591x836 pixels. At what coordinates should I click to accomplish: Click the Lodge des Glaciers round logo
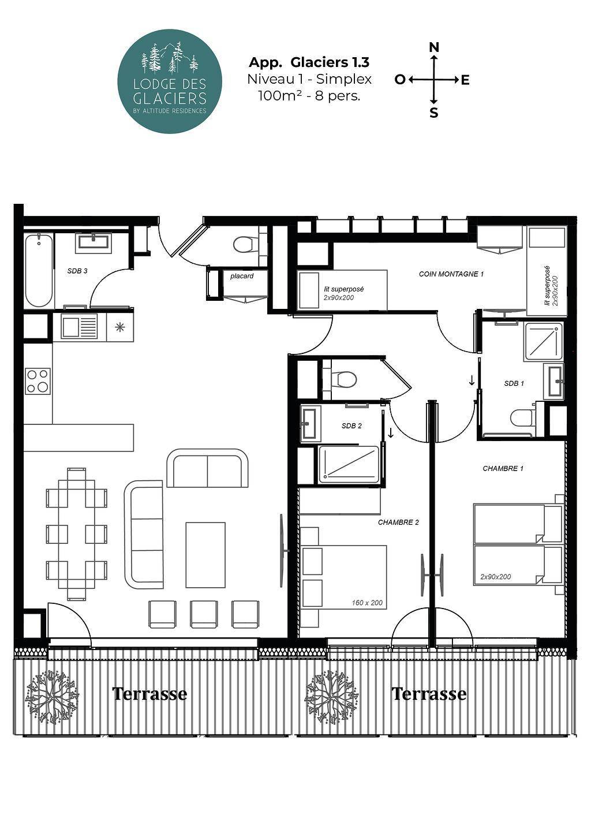click(x=170, y=81)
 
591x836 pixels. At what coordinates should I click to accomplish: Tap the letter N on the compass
click(x=434, y=47)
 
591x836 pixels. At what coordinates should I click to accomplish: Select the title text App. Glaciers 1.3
click(x=309, y=62)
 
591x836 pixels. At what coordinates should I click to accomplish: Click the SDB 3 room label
click(x=77, y=271)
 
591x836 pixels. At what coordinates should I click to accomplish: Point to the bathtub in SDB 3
click(x=39, y=270)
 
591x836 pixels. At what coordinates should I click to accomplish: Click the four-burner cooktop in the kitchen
click(x=38, y=381)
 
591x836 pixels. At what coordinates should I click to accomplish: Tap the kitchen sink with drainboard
click(x=79, y=327)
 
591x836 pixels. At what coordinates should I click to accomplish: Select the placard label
click(x=242, y=276)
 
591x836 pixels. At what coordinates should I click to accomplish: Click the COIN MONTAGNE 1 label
click(x=451, y=274)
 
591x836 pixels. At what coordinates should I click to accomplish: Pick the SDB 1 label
click(x=514, y=383)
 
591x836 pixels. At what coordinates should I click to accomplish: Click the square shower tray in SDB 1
click(x=543, y=342)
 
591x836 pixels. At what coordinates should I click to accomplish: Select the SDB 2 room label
click(x=351, y=426)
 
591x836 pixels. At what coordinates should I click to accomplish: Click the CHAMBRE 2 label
click(x=398, y=522)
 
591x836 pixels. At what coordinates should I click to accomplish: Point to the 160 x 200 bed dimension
click(x=367, y=603)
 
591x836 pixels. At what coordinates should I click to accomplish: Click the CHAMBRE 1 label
click(x=503, y=468)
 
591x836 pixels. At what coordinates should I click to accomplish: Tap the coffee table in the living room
click(x=205, y=555)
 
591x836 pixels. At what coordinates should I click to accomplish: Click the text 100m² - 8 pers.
click(x=309, y=96)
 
